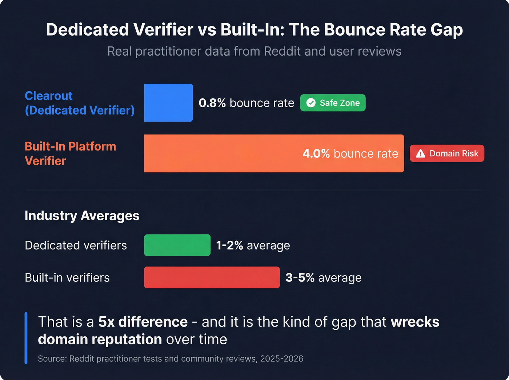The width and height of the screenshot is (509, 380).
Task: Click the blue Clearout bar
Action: tap(168, 103)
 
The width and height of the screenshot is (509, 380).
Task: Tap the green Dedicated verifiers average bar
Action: tap(177, 245)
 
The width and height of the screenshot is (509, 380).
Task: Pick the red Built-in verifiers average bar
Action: tap(212, 277)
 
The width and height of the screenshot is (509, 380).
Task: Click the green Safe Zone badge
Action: tap(333, 103)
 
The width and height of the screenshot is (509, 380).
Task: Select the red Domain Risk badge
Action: tap(447, 153)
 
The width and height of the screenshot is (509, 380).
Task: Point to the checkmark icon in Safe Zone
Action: tap(311, 103)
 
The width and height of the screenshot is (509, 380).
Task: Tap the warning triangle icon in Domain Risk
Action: tap(421, 153)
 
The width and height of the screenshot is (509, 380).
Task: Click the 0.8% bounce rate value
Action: tap(212, 103)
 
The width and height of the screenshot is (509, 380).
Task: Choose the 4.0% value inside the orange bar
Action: tap(316, 153)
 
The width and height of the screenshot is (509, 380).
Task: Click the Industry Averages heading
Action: tap(82, 216)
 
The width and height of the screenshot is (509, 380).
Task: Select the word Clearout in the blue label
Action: tap(49, 96)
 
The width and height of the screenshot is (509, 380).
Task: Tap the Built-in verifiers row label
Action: tap(67, 278)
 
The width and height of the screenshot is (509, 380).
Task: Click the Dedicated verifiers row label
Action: tap(76, 245)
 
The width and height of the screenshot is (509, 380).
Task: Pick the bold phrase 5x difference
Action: tap(143, 322)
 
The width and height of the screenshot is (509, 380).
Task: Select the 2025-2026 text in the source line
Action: tap(282, 359)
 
